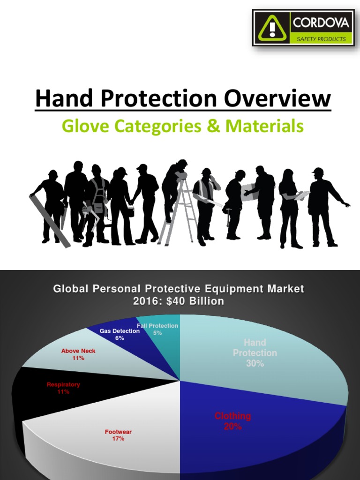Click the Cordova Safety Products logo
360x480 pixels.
tap(303, 28)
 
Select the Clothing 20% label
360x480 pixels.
tap(232, 421)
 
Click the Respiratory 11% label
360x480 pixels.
tap(63, 388)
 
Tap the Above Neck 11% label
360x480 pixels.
tap(78, 354)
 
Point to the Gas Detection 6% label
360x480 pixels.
tap(120, 334)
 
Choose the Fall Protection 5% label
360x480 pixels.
tap(157, 329)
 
